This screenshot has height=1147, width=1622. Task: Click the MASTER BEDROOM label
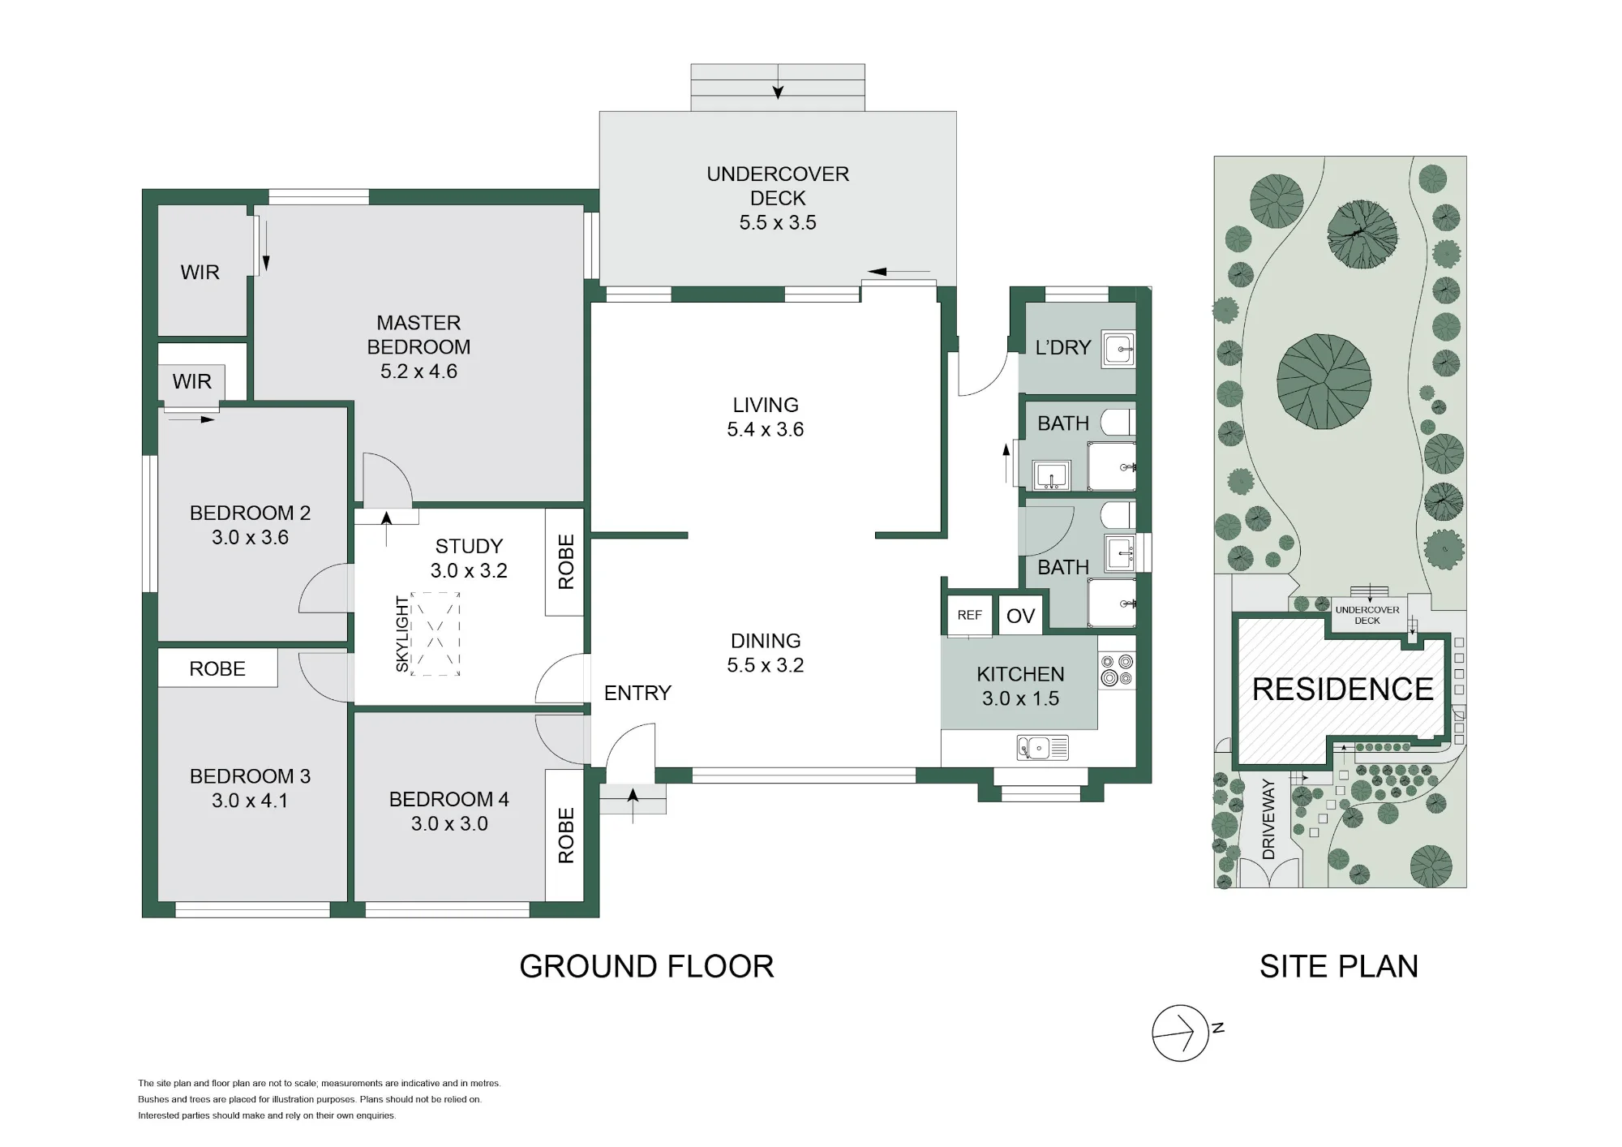pos(418,335)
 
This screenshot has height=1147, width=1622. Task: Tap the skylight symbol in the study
pos(436,634)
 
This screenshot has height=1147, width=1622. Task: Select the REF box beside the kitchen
pos(970,615)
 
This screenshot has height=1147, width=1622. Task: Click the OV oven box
pos(1020,616)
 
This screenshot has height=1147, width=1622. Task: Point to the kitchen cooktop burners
pos(1117,671)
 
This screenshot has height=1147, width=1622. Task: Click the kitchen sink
pos(1043,747)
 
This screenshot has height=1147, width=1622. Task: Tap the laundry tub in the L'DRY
pos(1118,349)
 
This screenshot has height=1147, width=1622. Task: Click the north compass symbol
pos(1181,1033)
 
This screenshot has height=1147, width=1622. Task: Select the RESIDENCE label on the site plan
pos(1342,689)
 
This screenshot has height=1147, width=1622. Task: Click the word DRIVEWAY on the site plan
pos(1269,819)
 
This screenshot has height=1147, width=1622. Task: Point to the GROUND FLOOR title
pos(646,966)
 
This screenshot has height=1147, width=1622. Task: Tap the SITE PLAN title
pos(1339,966)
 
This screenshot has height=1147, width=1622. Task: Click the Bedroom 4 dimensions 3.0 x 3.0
pos(449,823)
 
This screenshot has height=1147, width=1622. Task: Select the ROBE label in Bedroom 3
pos(217,668)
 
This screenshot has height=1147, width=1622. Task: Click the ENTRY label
pos(637,693)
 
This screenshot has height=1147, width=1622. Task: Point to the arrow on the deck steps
pos(778,82)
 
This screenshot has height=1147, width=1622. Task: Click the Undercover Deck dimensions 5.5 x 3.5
pos(778,222)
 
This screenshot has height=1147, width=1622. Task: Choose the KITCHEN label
pos(1020,674)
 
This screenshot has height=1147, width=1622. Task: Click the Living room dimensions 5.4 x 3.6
pos(766,429)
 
